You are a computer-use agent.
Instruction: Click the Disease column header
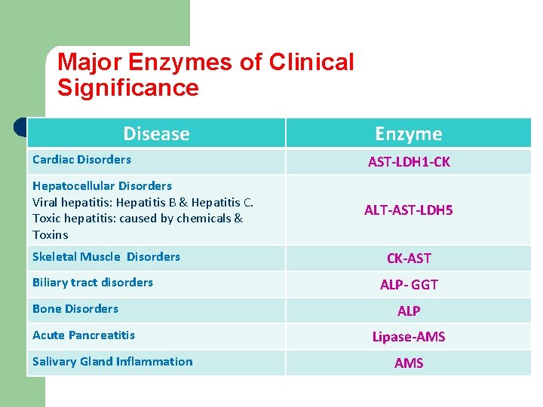point(156,134)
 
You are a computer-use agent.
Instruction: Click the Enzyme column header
point(409,134)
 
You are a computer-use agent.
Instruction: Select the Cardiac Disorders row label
point(81,160)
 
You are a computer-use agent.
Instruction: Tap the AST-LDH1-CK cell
point(409,162)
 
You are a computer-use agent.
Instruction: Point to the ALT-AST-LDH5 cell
point(409,210)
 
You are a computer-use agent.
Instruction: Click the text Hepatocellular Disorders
point(102,185)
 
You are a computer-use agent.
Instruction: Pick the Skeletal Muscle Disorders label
point(106,257)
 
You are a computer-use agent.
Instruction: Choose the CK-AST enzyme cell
point(409,259)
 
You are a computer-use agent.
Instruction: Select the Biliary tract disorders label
point(93,283)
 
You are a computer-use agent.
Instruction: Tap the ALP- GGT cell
point(409,285)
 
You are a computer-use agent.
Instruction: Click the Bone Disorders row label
point(75,309)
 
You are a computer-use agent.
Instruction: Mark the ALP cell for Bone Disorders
point(409,311)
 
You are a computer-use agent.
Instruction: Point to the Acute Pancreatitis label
point(84,335)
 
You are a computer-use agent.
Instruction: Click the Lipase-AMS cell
point(409,337)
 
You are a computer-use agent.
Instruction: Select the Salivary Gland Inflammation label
point(112,362)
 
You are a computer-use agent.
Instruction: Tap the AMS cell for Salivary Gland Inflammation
point(409,363)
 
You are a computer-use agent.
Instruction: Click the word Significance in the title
point(128,88)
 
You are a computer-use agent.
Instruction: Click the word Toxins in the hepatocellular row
point(51,235)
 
